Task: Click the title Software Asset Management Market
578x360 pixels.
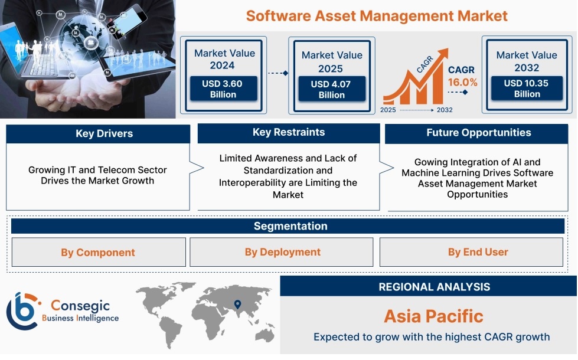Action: (x=377, y=16)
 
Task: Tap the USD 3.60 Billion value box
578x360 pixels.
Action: (x=223, y=89)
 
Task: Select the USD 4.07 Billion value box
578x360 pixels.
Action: (x=332, y=89)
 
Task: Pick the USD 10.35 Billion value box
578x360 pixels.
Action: (x=527, y=89)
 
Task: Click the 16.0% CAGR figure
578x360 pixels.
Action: (x=463, y=82)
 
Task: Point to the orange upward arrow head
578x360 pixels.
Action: (x=442, y=54)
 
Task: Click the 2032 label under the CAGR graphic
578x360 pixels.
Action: (x=445, y=110)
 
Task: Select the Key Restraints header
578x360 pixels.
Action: (x=289, y=133)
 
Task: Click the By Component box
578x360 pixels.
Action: (x=99, y=252)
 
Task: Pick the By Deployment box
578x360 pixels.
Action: (x=282, y=252)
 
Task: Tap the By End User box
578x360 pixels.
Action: (x=471, y=252)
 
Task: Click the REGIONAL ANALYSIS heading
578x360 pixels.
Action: (x=434, y=287)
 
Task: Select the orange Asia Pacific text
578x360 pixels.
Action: (x=433, y=316)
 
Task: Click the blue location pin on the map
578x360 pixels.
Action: (x=238, y=304)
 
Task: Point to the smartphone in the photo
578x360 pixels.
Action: (x=126, y=22)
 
